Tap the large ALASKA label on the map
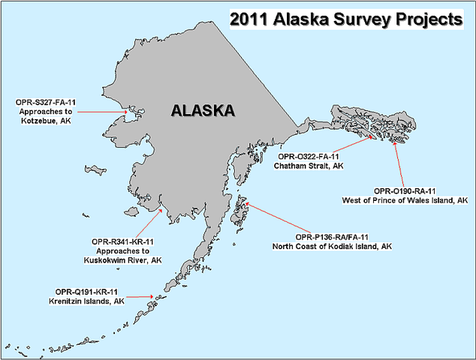(x=203, y=111)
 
